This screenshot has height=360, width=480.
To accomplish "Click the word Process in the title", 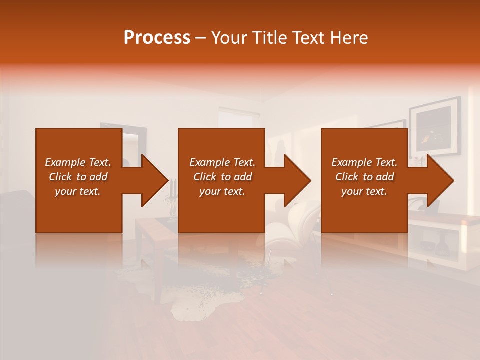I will click(157, 38).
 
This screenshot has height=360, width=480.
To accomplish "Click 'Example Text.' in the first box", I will click(78, 162).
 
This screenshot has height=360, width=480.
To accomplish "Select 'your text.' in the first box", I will click(78, 191).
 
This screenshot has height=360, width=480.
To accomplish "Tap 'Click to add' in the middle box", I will click(222, 177).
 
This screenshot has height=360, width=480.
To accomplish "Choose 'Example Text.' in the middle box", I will click(222, 162).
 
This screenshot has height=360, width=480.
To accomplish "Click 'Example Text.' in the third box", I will click(364, 162).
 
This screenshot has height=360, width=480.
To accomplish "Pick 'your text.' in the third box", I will click(364, 191).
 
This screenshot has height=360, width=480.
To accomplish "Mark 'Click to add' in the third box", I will click(364, 177).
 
